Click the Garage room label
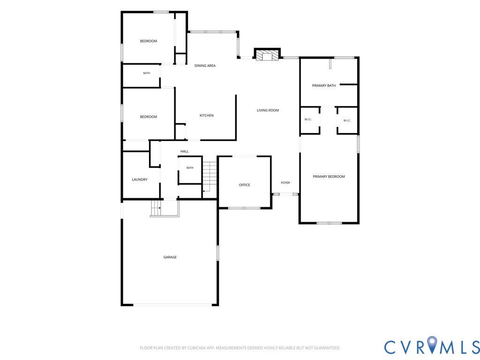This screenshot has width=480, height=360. (x=170, y=257)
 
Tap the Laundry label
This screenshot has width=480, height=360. (x=140, y=180)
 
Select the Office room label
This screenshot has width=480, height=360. (x=244, y=185)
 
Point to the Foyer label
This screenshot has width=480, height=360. (x=285, y=183)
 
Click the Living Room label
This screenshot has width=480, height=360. (x=268, y=110)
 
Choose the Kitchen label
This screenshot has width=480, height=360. (x=207, y=115)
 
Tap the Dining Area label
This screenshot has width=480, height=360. (x=205, y=66)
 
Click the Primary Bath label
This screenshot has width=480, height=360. (x=324, y=86)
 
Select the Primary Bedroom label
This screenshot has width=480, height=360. (x=329, y=177)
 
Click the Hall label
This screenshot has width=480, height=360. (x=185, y=151)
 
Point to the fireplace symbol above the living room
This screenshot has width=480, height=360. (x=267, y=55)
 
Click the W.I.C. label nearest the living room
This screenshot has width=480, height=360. (x=308, y=120)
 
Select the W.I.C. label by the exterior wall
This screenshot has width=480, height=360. (x=347, y=120)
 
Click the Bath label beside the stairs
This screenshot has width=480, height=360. (x=190, y=168)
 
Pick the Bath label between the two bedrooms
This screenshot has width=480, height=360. (x=147, y=73)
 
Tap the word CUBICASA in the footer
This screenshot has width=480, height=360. (x=199, y=348)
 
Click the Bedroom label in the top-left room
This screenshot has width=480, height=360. (x=149, y=41)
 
